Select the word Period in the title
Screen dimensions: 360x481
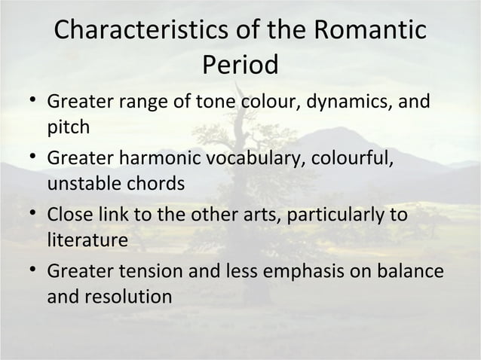tap(240, 65)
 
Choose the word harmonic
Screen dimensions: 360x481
tap(173, 160)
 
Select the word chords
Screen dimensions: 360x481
tap(158, 184)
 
